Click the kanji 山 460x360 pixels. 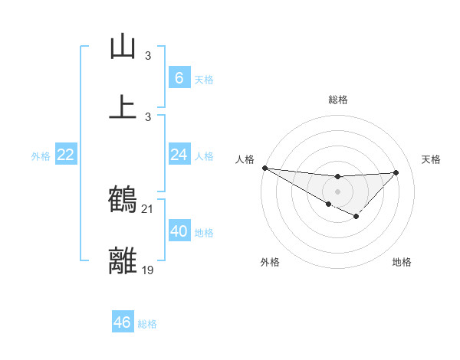123,47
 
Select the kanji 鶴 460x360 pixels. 123,200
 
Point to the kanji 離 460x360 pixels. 123,260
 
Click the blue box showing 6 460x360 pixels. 179,77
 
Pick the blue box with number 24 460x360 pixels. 179,155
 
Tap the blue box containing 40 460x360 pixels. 179,231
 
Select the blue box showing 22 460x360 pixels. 65,155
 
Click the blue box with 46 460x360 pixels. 122,322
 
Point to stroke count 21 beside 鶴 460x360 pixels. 147,208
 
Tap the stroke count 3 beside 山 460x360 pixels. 148,56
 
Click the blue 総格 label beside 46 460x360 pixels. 147,324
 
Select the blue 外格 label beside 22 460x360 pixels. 41,156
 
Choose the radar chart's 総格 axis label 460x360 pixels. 338,100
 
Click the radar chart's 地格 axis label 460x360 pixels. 402,262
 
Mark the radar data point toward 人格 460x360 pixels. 264,168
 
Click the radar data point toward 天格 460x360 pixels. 396,172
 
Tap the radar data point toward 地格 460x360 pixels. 356,217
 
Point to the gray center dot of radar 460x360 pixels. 337,191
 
